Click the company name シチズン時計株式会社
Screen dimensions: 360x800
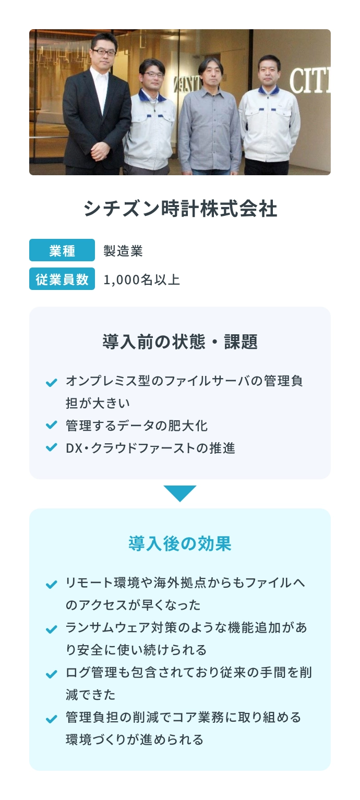180,208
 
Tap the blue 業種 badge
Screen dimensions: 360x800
62,250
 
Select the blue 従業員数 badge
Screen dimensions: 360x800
62,278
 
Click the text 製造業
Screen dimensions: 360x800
123,251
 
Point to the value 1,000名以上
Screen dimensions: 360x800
141,280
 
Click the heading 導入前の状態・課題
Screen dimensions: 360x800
180,342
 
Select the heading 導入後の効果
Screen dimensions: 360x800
180,543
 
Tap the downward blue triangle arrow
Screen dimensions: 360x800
180,493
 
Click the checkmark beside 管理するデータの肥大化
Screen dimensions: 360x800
52,425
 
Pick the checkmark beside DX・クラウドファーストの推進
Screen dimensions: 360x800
52,447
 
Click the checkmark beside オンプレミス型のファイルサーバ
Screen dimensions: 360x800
52,382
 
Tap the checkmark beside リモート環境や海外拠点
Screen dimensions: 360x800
52,585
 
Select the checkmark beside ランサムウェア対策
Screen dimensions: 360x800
52,629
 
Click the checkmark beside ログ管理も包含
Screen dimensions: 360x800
52,674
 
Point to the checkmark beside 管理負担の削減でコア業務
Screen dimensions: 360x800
52,719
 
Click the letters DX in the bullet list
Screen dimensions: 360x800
74,448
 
